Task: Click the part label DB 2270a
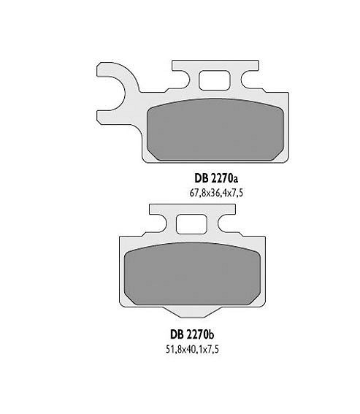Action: (x=216, y=179)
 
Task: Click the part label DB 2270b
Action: (x=192, y=335)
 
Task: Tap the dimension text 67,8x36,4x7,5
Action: (x=216, y=193)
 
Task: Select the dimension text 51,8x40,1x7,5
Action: (x=192, y=349)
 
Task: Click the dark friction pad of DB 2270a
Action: (x=215, y=129)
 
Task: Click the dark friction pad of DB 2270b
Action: (x=192, y=274)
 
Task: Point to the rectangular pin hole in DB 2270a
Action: (x=215, y=80)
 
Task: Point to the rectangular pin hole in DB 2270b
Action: (x=192, y=224)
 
